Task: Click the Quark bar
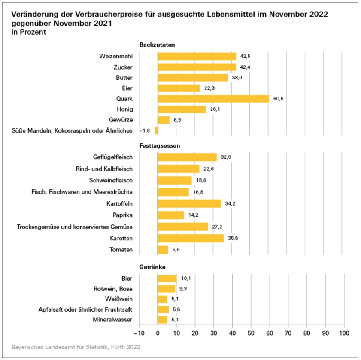[213, 98]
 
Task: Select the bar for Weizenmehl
[197, 56]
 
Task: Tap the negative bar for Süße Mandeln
[156, 130]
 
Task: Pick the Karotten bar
[191, 238]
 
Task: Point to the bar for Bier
[167, 278]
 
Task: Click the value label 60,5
[279, 99]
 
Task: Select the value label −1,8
[144, 130]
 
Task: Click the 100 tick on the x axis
[344, 333]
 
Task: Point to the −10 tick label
[139, 333]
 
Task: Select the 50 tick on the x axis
[251, 333]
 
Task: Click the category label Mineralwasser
[113, 320]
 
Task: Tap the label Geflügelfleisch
[113, 157]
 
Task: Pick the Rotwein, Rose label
[114, 289]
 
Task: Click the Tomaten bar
[163, 250]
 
